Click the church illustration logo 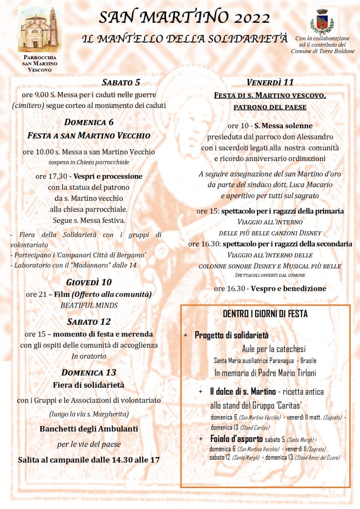(40, 30)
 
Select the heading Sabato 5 (121, 83)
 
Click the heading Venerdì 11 (270, 83)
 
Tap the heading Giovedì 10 (89, 283)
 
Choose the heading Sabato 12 (89, 322)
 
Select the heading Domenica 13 (89, 372)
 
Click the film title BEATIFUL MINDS (89, 305)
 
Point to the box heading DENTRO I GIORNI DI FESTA (265, 314)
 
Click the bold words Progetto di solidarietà (231, 336)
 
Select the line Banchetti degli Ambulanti (89, 428)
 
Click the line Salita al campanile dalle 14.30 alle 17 (89, 460)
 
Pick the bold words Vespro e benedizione (288, 288)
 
